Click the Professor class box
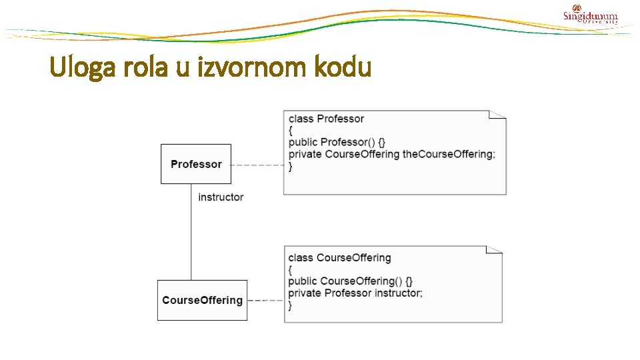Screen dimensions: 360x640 (196, 164)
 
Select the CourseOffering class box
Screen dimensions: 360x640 (202, 301)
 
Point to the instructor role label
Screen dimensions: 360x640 (221, 197)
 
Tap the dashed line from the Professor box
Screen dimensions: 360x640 (257, 165)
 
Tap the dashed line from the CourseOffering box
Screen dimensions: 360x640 (265, 301)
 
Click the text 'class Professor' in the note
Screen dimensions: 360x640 (326, 119)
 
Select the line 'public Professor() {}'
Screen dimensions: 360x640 (337, 142)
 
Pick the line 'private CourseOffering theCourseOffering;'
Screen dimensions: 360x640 (392, 154)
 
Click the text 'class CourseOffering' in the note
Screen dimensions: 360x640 (339, 257)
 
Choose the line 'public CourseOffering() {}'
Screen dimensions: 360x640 (350, 281)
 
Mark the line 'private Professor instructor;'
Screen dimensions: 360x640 (355, 293)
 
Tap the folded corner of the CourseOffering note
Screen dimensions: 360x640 (495, 250)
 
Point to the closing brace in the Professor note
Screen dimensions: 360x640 (291, 167)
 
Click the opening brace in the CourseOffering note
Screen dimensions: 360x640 (290, 270)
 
